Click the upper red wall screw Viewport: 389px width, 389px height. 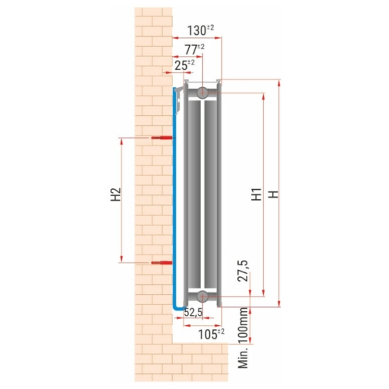point(162,138)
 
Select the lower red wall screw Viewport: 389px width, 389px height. point(162,264)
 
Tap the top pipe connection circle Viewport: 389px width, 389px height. point(202,93)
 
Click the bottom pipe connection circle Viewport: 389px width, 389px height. point(202,296)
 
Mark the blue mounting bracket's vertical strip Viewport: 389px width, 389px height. point(174,194)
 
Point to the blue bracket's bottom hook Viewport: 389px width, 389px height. point(179,309)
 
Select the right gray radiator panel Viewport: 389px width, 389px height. point(212,194)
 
